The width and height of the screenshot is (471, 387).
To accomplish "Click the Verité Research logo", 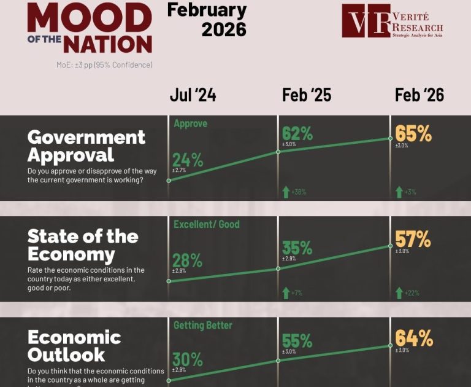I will [x=392, y=21].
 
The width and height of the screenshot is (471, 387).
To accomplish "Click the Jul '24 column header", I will [x=193, y=95].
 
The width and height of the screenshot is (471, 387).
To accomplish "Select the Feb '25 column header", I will [x=307, y=95].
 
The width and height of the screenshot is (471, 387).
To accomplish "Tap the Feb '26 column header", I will [x=419, y=95].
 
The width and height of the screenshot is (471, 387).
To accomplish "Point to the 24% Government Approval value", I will [x=188, y=160].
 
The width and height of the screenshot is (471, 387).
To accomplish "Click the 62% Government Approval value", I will [x=297, y=132].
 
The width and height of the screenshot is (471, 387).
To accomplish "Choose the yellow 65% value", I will [x=413, y=133].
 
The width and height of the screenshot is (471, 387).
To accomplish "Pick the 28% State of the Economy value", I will [x=188, y=260].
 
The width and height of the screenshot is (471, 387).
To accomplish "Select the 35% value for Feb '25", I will [x=297, y=248].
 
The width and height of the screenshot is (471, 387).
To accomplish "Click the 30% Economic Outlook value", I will [x=188, y=360].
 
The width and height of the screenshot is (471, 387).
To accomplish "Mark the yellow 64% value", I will [x=413, y=338].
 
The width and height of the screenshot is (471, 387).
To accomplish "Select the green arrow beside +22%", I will [x=398, y=292].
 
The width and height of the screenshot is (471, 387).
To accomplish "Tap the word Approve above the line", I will [x=190, y=123].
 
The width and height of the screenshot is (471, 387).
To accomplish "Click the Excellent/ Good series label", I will [x=206, y=224].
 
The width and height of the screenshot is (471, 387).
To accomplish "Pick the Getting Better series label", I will [x=202, y=325].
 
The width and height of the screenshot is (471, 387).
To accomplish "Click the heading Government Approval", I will [x=86, y=145].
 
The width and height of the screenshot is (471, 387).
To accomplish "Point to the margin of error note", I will [x=104, y=64].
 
